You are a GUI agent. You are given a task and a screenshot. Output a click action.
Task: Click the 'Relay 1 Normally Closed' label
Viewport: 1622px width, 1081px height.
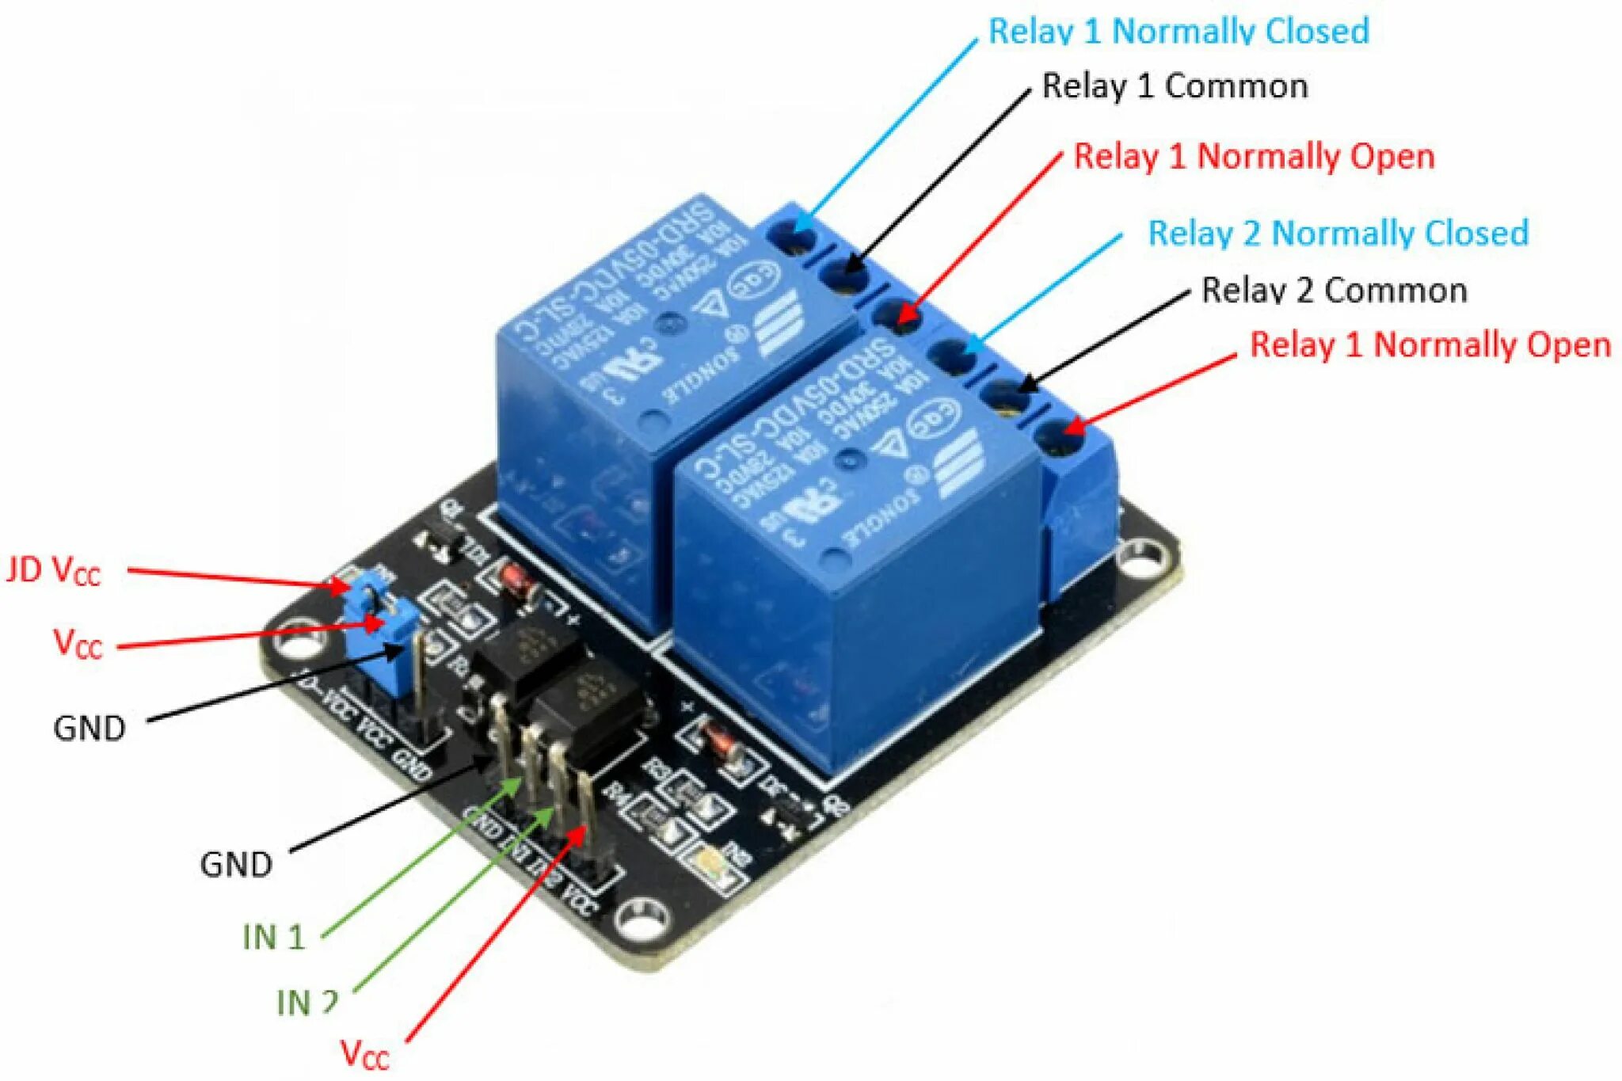pyautogui.click(x=1178, y=32)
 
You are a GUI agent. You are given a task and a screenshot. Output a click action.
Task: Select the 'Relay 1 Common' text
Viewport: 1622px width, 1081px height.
pyautogui.click(x=1175, y=86)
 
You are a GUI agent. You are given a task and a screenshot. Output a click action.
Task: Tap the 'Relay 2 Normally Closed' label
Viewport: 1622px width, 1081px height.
pyautogui.click(x=1338, y=234)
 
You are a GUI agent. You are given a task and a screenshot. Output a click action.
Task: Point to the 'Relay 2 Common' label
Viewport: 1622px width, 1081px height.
pyautogui.click(x=1334, y=291)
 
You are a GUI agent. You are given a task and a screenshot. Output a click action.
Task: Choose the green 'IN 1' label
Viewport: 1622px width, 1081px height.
pyautogui.click(x=274, y=937)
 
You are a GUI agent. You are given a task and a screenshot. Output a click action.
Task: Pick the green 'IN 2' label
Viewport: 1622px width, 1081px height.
pyautogui.click(x=307, y=1003)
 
